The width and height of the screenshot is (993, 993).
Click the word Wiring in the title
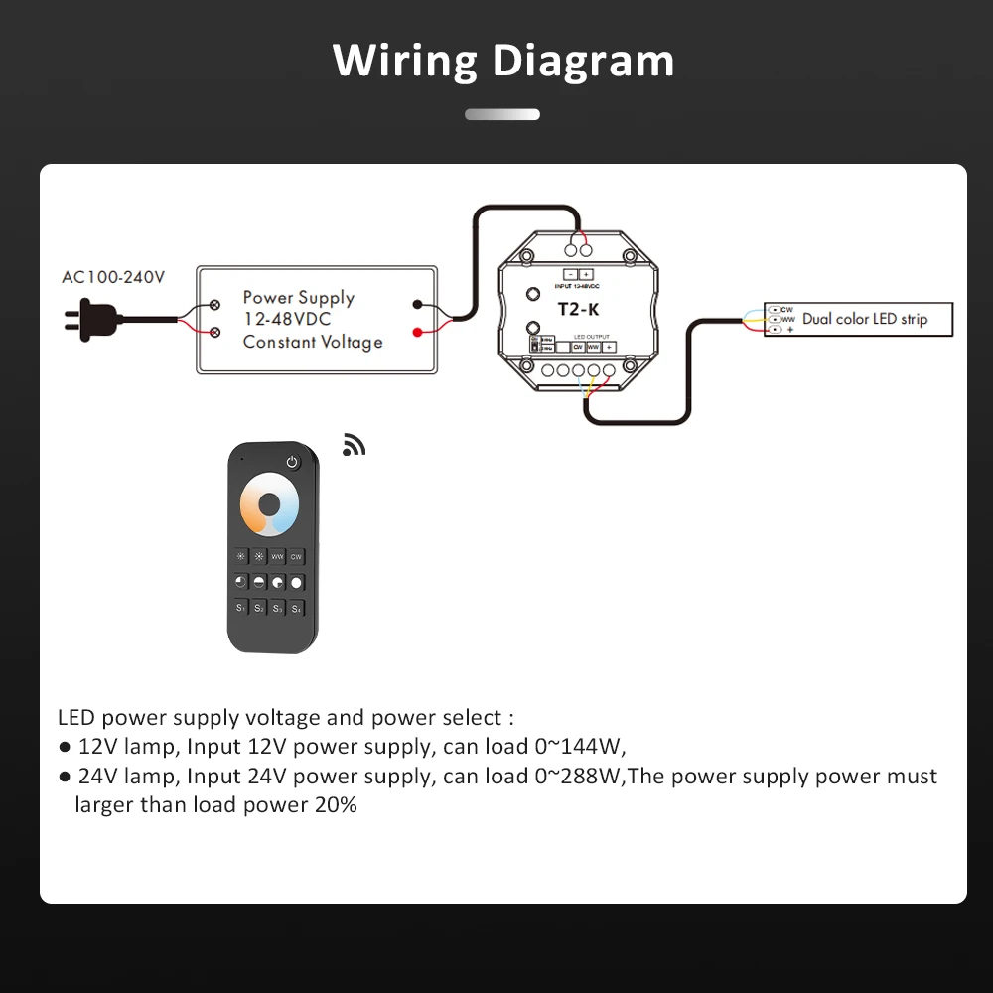tap(406, 62)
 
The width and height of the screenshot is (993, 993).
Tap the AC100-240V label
tap(113, 277)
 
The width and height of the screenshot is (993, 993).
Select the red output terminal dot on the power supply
tap(419, 331)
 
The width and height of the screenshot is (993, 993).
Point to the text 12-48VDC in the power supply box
tap(287, 319)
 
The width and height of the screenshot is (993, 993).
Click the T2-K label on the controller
tap(579, 309)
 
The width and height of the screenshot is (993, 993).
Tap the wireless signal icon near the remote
tap(354, 445)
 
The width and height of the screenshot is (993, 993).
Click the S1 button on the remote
tap(241, 607)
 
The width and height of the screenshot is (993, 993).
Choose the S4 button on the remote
tap(297, 607)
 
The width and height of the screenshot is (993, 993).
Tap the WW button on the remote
tap(278, 557)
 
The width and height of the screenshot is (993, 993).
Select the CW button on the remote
tap(297, 557)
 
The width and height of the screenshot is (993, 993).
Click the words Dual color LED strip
tap(865, 319)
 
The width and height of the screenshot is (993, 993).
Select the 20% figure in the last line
tap(335, 804)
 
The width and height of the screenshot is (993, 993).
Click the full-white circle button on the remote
tap(297, 582)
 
